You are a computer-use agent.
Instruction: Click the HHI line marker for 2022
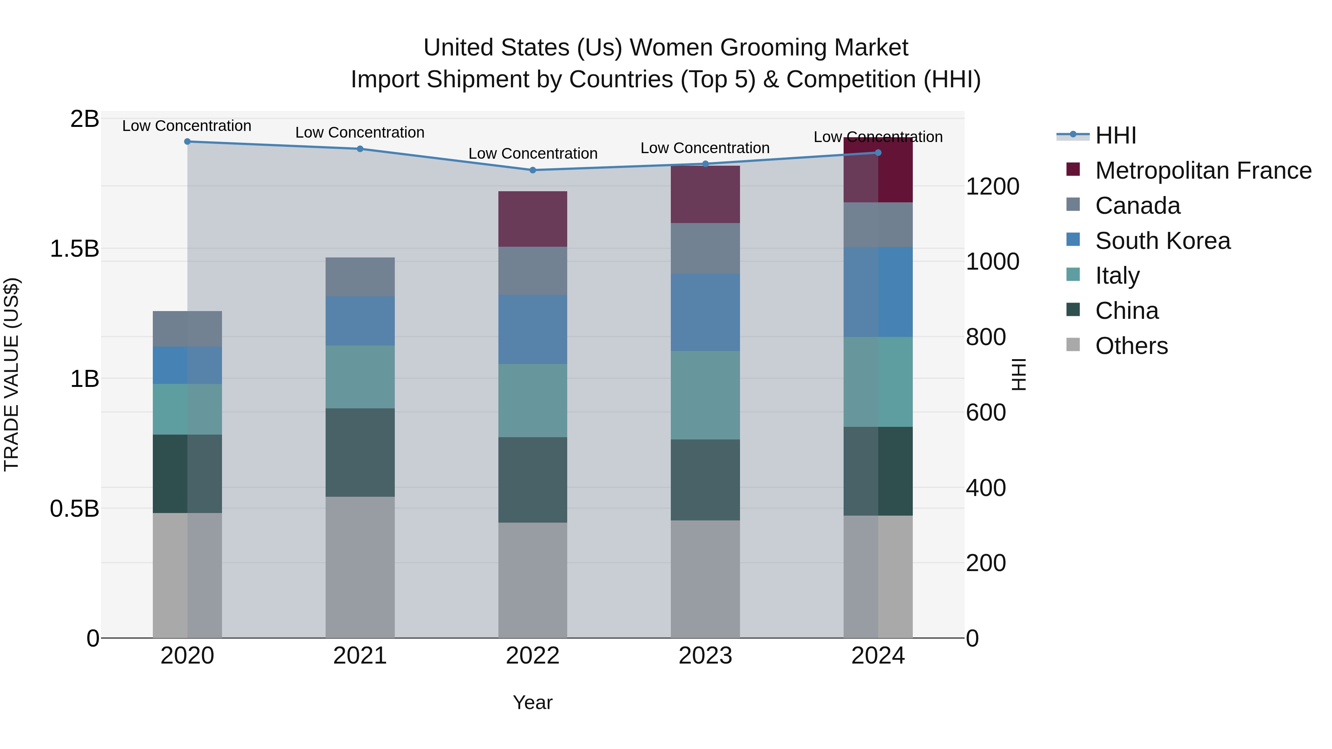532,170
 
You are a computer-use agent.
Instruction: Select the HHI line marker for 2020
187,142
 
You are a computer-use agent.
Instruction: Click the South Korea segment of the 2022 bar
532,329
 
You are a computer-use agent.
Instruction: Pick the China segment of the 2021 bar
360,452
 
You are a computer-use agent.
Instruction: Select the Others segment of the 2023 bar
705,579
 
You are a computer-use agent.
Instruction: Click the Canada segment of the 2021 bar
360,277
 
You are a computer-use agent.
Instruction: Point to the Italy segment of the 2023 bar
705,395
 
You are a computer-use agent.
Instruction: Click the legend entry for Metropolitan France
1203,171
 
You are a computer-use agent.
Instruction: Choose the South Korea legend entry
1163,241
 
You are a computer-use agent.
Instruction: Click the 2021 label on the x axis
360,656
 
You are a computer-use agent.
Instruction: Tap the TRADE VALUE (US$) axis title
11,374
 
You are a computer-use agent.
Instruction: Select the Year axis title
532,702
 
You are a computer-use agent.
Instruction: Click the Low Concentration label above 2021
360,132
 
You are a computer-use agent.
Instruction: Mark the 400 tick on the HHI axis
986,488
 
